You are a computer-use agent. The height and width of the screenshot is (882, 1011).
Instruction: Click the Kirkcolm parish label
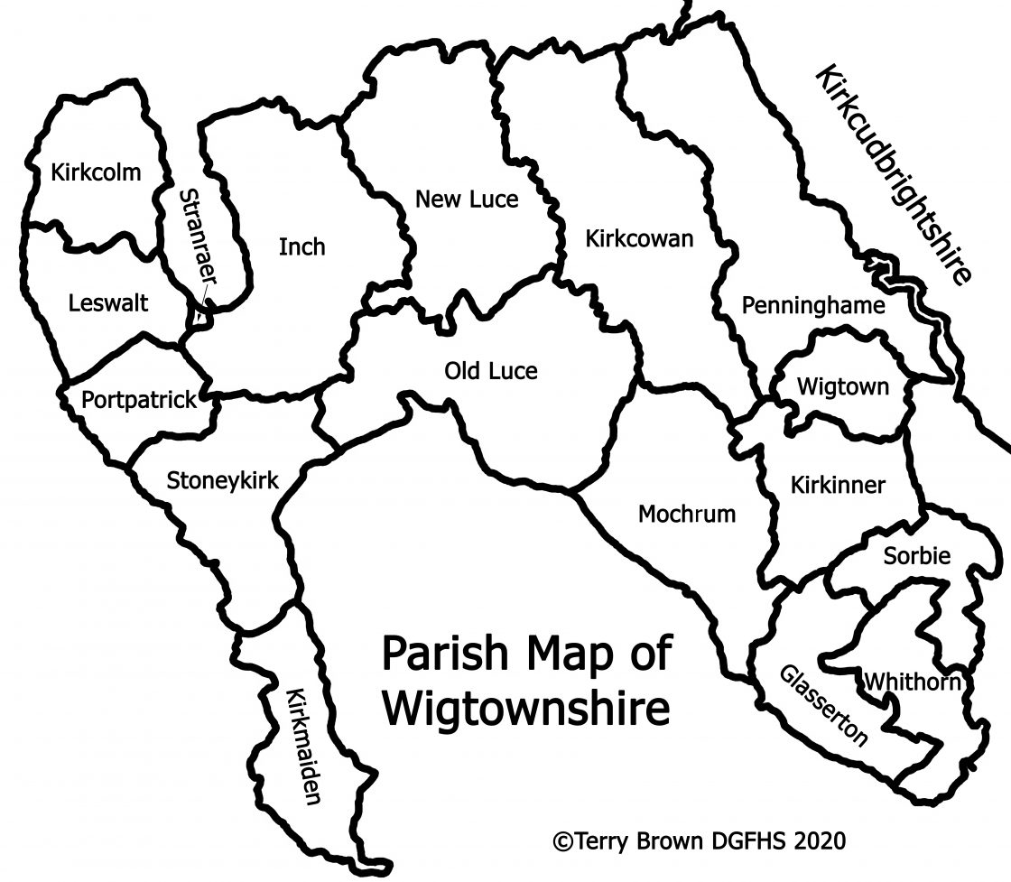click(97, 172)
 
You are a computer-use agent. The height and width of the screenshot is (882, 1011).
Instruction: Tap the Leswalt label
click(107, 302)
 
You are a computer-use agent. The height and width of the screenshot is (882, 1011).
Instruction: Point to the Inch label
click(301, 246)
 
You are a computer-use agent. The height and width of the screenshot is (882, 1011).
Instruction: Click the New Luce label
click(467, 200)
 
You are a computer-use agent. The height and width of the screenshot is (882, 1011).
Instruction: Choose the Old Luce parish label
click(491, 371)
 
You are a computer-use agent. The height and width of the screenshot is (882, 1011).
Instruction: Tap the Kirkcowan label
click(639, 239)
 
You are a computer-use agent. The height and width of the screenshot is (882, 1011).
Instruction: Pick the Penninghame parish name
click(813, 306)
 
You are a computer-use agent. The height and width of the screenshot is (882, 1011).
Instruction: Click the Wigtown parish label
click(843, 387)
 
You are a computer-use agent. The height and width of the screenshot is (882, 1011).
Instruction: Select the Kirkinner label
click(838, 485)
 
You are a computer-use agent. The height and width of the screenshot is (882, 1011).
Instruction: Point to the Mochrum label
click(687, 515)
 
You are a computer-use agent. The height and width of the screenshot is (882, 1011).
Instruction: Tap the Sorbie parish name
click(916, 557)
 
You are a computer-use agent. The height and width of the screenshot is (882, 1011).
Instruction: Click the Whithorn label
click(912, 682)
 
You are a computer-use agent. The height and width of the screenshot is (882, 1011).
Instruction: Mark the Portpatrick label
click(139, 400)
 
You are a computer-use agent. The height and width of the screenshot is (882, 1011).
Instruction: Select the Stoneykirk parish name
click(223, 480)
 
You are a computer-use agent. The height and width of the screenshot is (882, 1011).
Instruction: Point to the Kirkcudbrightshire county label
click(894, 175)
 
